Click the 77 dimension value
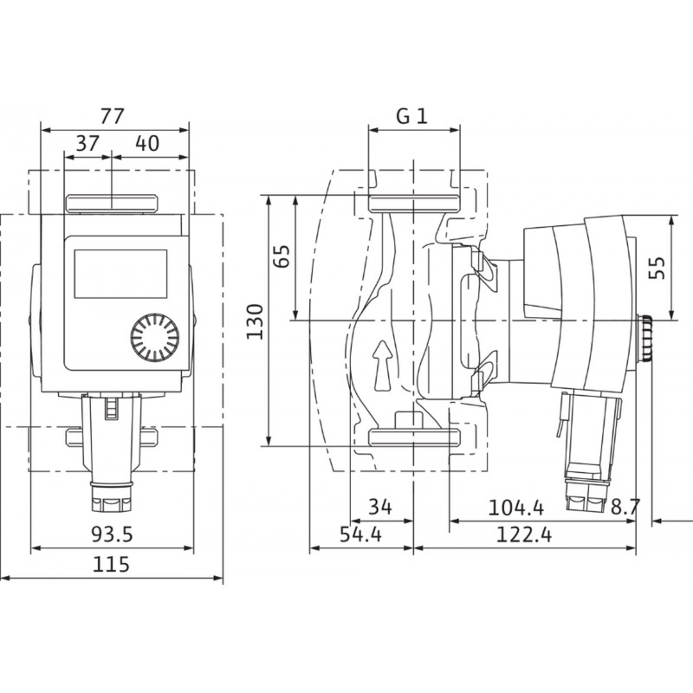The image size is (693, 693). coord(112,116)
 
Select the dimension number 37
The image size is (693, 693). coord(88,144)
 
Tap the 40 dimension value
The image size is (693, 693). coord(147,144)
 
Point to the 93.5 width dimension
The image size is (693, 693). coord(113,534)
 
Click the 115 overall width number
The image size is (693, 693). coord(111,565)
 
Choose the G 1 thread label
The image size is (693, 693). coord(412,116)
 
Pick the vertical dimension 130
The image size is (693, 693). coord(255,321)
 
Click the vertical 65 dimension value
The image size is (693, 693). coord(282,256)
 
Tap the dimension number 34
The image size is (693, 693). coord(380,507)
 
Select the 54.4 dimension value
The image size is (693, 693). coord(360,534)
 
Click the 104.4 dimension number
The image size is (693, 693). coord(516,508)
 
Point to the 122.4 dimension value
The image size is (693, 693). coord(524,535)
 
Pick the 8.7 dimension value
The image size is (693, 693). coord(625,507)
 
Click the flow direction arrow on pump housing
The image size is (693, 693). coord(383,365)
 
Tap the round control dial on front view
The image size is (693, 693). coord(155,338)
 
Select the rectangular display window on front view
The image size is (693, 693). coord(120,274)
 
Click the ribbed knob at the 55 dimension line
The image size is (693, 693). coord(644,337)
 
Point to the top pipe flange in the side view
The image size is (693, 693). coord(414,203)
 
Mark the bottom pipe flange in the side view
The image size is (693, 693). coord(414,437)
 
